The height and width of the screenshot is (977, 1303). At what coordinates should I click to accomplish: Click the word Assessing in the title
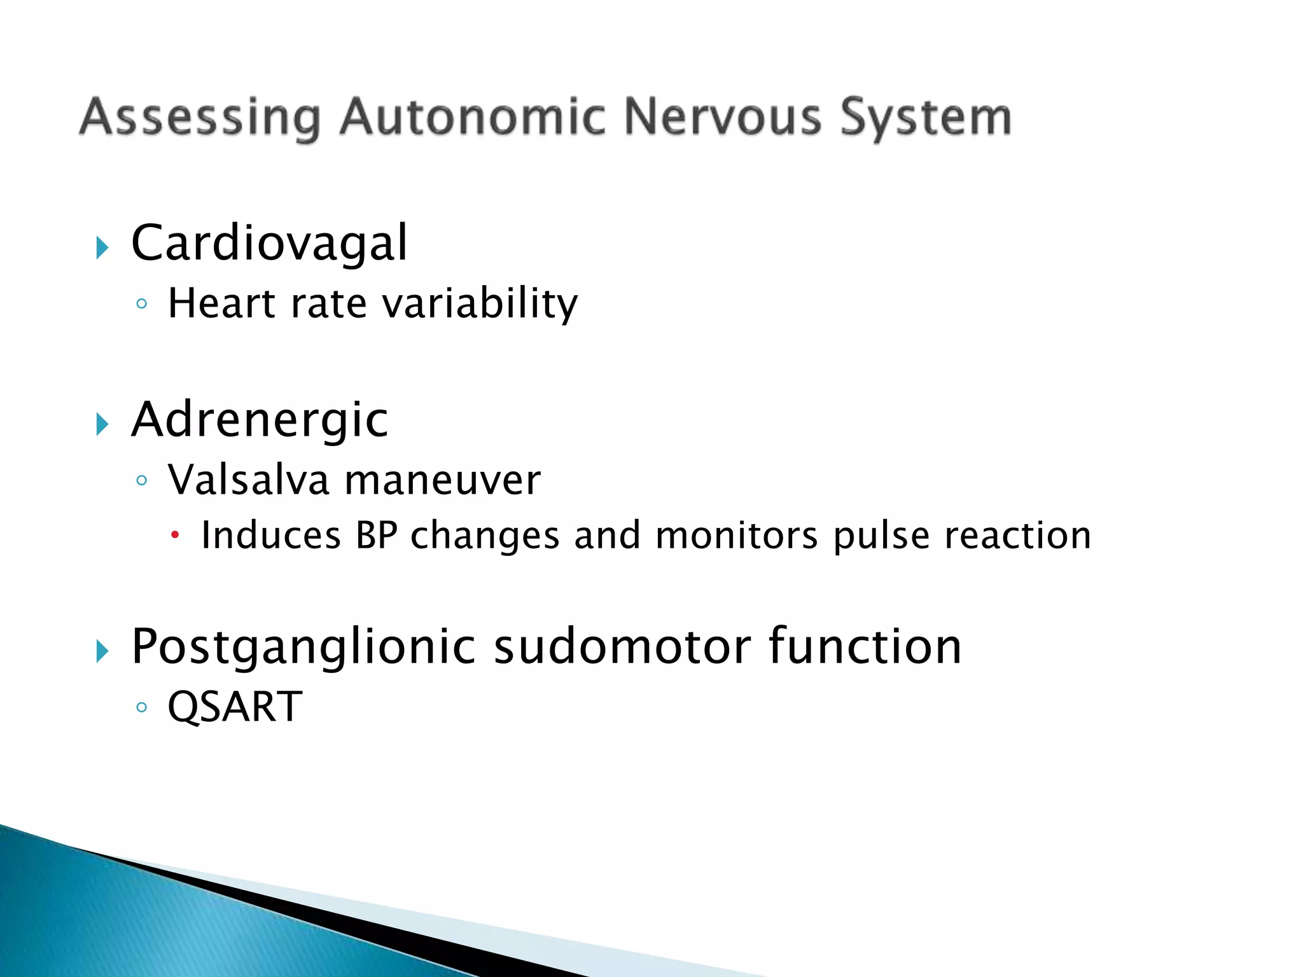pyautogui.click(x=200, y=118)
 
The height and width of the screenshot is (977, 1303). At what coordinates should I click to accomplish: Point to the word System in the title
pyautogui.click(x=925, y=118)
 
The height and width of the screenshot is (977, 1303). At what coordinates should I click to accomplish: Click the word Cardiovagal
pyautogui.click(x=268, y=244)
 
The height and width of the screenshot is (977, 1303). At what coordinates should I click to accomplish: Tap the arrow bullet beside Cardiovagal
pyautogui.click(x=102, y=247)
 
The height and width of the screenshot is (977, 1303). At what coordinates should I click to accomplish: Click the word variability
pyautogui.click(x=480, y=304)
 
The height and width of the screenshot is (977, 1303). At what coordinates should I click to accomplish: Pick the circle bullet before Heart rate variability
pyautogui.click(x=142, y=304)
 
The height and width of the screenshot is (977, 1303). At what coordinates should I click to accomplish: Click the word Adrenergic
pyautogui.click(x=260, y=420)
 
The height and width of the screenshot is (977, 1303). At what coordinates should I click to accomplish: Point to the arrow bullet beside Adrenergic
pyautogui.click(x=102, y=424)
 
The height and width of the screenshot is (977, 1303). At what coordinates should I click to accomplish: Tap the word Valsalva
pyautogui.click(x=248, y=480)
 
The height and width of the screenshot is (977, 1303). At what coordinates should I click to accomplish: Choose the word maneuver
pyautogui.click(x=442, y=481)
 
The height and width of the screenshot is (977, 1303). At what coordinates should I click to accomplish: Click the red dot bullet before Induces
pyautogui.click(x=176, y=536)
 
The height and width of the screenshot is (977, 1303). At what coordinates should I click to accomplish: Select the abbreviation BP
pyautogui.click(x=377, y=536)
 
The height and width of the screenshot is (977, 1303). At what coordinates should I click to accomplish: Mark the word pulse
pyautogui.click(x=881, y=536)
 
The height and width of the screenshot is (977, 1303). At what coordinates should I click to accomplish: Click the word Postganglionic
pyautogui.click(x=303, y=648)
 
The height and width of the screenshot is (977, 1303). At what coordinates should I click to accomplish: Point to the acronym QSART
pyautogui.click(x=235, y=707)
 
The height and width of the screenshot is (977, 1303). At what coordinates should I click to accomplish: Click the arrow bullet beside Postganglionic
pyautogui.click(x=102, y=651)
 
